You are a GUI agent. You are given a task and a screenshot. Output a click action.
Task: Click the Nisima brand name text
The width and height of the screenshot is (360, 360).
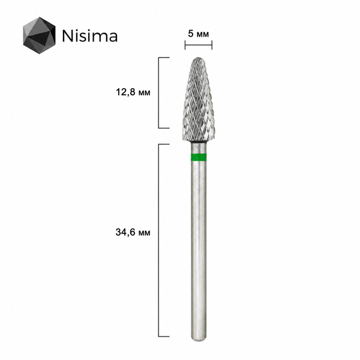(90, 36)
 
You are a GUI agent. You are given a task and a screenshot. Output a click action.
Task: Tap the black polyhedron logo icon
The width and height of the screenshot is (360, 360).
(39, 35)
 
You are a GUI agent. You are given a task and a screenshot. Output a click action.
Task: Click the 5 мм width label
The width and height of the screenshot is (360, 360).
(199, 34)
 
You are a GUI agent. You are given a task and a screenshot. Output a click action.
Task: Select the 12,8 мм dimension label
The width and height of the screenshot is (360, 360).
(133, 92)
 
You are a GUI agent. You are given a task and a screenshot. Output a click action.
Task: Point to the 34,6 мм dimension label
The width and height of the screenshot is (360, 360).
(133, 232)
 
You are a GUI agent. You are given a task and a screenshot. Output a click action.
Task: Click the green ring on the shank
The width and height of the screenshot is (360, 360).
(199, 157)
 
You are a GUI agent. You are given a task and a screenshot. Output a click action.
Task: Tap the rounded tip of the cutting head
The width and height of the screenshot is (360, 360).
(199, 58)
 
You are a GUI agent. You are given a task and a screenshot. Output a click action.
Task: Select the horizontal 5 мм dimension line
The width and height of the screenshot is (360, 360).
(199, 45)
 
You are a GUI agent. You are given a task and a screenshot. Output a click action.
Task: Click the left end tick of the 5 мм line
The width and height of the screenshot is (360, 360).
(185, 45)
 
